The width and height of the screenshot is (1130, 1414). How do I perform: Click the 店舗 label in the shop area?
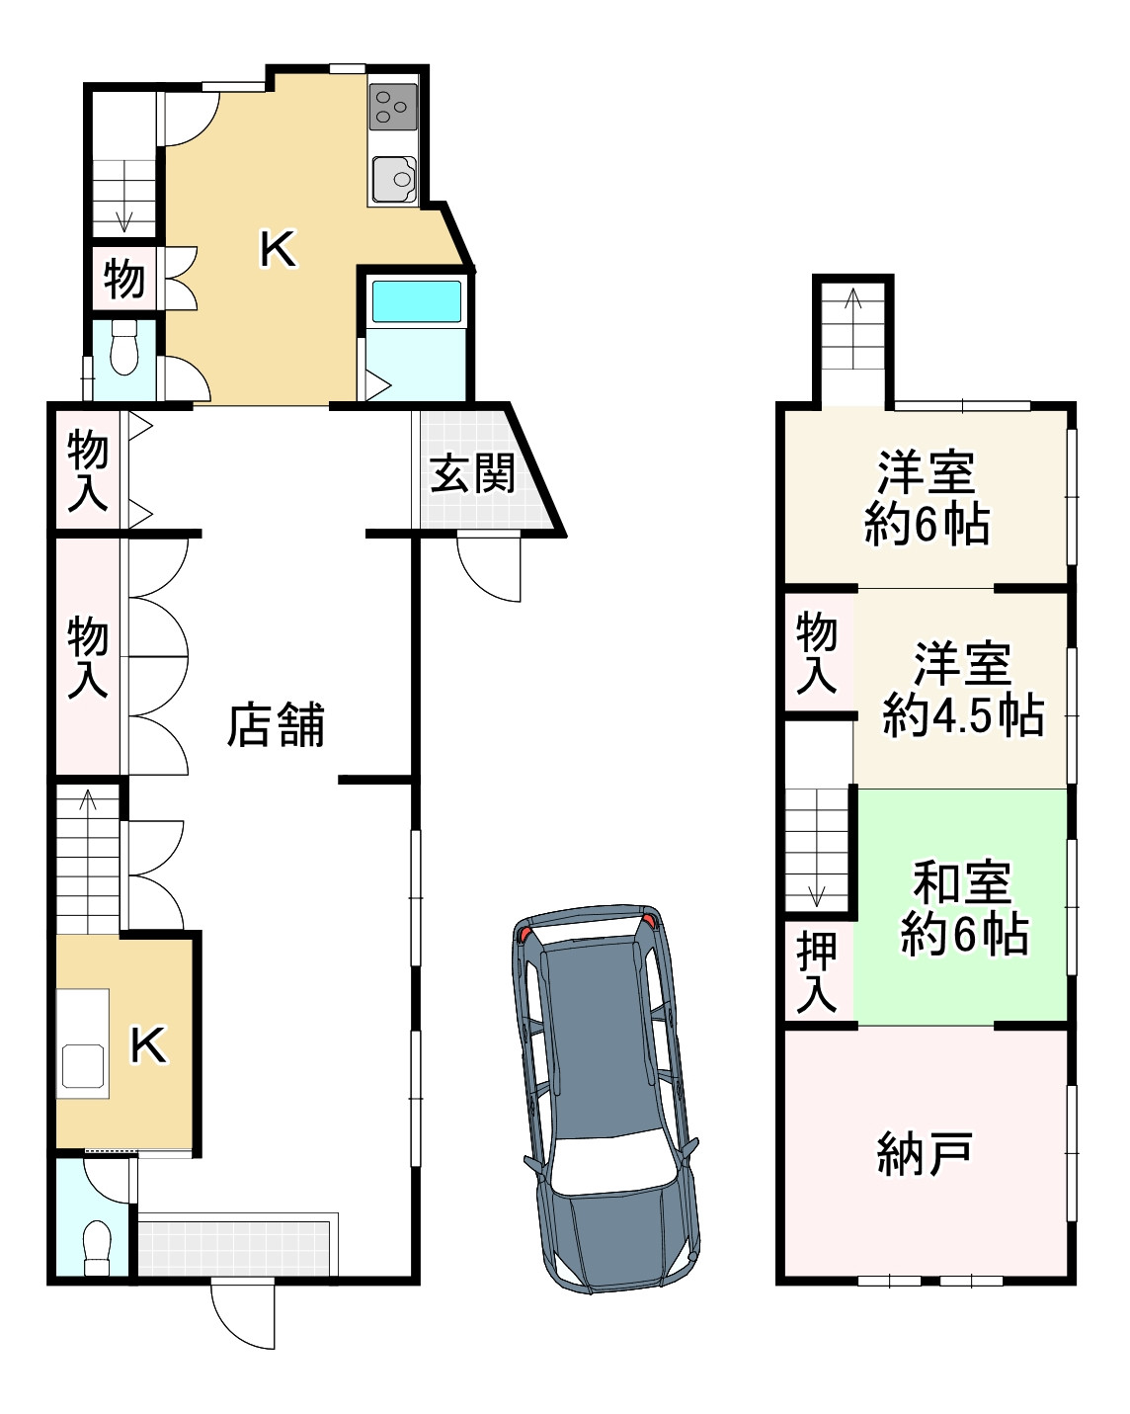276,725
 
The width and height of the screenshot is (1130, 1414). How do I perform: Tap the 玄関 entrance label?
472,474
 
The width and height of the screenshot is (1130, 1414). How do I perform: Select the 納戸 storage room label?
926,1153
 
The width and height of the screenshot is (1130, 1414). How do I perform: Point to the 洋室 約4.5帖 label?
963,690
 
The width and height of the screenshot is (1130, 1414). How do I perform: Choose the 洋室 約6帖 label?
927,499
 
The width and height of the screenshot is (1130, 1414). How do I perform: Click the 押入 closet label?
817,972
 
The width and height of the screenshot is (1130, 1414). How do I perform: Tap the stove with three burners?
393,107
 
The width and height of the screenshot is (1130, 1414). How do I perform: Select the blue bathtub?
415,301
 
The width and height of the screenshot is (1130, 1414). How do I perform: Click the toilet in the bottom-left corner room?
97,1248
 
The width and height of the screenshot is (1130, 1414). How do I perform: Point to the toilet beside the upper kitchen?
123,348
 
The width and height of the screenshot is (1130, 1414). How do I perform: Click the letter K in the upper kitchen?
278,249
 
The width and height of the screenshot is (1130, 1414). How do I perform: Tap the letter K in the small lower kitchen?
149,1044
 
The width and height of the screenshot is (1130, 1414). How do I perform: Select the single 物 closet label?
124,279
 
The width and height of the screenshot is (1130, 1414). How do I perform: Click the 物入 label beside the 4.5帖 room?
817,652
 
